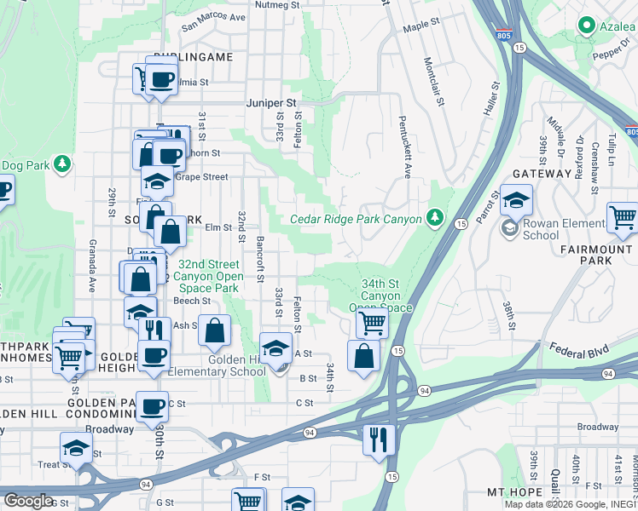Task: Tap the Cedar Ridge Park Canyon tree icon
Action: tap(436, 218)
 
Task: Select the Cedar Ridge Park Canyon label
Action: tap(356, 219)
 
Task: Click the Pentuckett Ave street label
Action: tap(407, 147)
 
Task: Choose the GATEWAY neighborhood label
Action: tap(542, 174)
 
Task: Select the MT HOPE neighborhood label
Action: tap(514, 492)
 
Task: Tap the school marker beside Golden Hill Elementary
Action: tap(275, 349)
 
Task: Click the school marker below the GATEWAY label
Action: tap(515, 200)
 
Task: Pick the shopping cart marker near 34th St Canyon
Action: tap(372, 323)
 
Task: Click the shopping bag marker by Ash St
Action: tap(215, 330)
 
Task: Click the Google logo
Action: tap(29, 501)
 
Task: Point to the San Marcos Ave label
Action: tap(213, 18)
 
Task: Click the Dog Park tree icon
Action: tap(62, 163)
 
